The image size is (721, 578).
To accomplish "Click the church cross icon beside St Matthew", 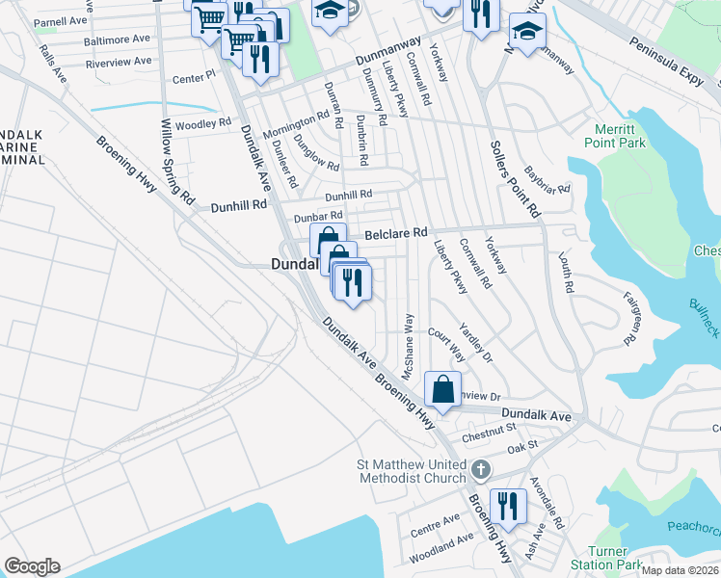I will click(x=480, y=471).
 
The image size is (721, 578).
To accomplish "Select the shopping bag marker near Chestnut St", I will click(x=442, y=390).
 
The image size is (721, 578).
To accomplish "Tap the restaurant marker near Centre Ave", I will click(x=507, y=507).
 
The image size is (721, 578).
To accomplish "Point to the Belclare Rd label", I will click(x=394, y=233).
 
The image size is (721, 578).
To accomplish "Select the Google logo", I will click(x=32, y=566).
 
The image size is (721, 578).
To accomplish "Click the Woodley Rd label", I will click(x=203, y=123).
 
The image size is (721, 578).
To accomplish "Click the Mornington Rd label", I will click(x=297, y=125).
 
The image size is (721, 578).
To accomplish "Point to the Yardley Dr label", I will click(x=475, y=343).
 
